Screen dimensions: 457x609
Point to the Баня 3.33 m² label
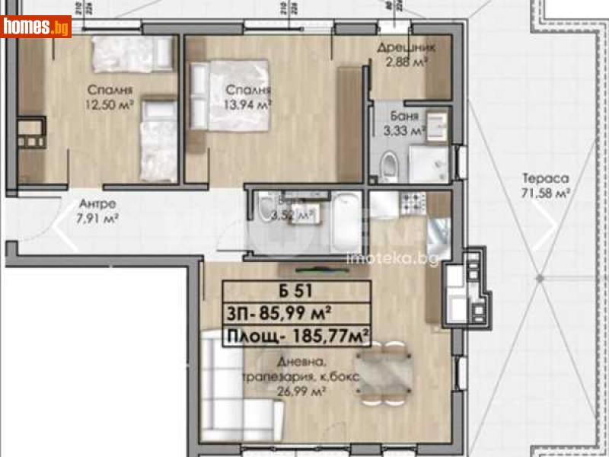(405, 124)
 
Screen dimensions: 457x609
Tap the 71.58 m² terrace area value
(546, 194)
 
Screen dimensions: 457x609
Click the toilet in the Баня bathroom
(389, 163)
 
